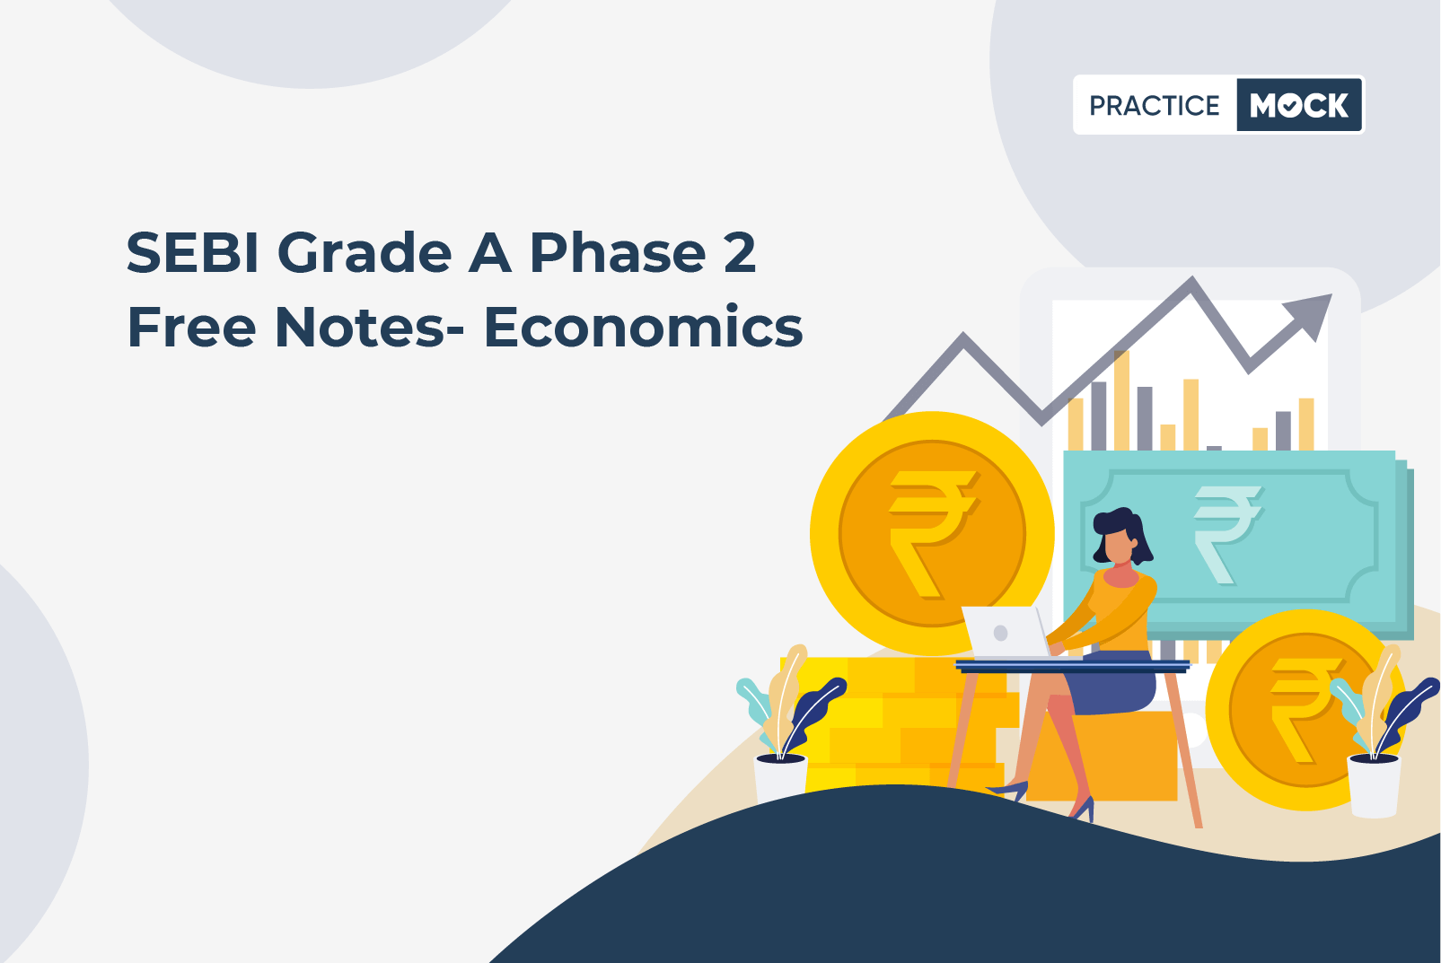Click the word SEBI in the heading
(x=192, y=253)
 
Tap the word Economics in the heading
(x=644, y=328)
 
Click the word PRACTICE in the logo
(x=1154, y=105)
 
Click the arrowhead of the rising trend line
(x=1311, y=315)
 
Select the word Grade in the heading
(x=365, y=253)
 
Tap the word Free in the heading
(x=192, y=328)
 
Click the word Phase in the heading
(x=617, y=253)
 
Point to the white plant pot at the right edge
(x=1374, y=786)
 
